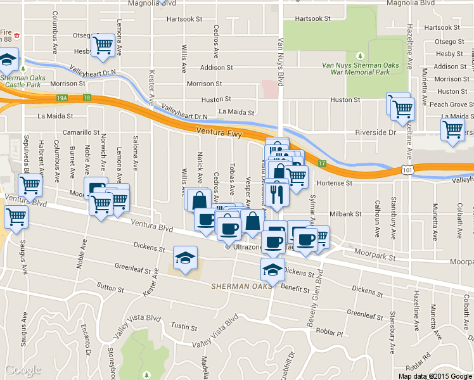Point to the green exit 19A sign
tap(61, 98)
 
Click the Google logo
tap(22, 370)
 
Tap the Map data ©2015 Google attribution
tap(435, 376)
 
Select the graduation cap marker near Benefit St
tap(272, 270)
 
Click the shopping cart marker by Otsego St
tap(102, 45)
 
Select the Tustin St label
tap(185, 326)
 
